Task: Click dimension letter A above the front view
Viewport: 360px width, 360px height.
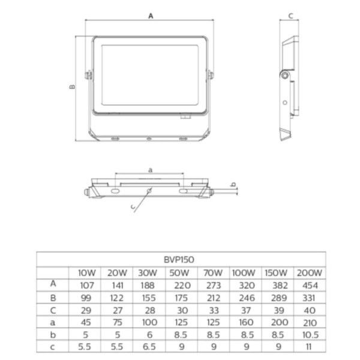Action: coord(149,16)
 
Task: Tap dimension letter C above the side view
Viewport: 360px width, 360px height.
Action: coord(290,16)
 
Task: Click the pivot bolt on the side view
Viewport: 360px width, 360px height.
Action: coord(284,75)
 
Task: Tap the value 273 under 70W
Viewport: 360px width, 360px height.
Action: coord(209,284)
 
